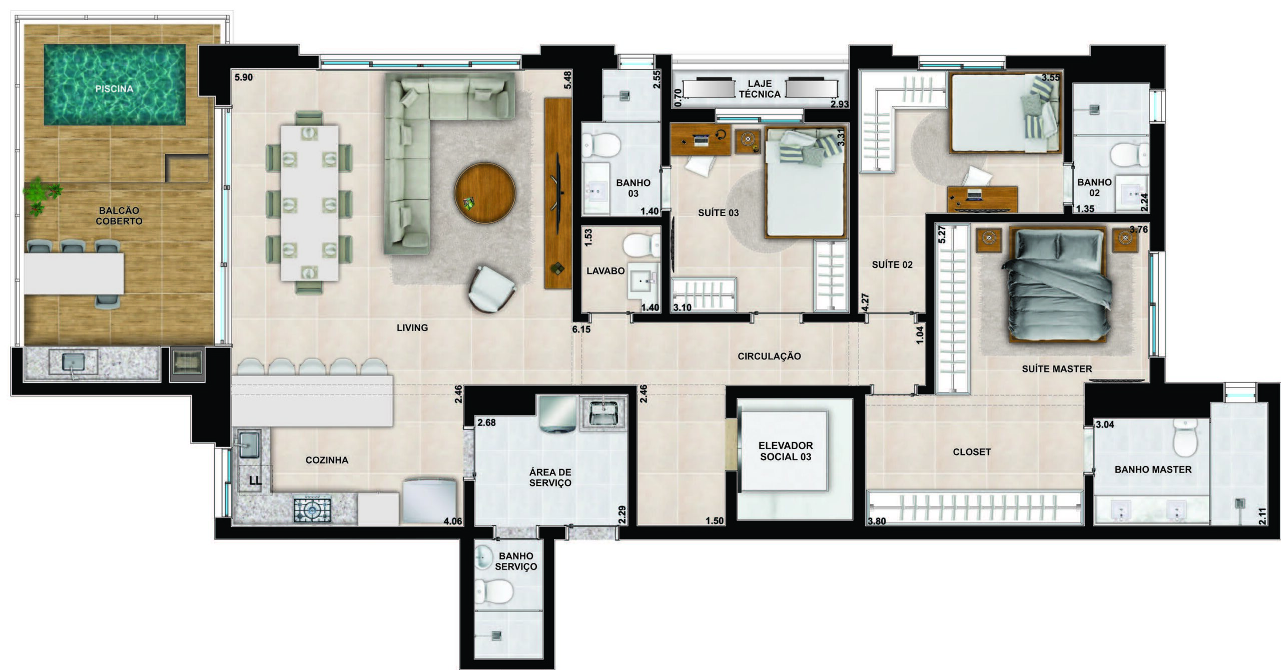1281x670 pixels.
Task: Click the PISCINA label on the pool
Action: [x=114, y=89]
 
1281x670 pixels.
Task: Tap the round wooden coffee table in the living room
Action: [x=484, y=192]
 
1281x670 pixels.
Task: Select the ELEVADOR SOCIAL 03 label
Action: [x=786, y=451]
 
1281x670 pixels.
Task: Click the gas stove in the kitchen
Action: [x=312, y=510]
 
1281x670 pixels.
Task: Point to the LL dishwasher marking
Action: [x=255, y=481]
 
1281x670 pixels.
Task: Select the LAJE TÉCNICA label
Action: [x=760, y=89]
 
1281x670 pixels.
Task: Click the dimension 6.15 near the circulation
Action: [x=581, y=329]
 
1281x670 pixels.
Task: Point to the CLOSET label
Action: [x=972, y=452]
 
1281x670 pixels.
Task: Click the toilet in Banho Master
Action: [x=1185, y=438]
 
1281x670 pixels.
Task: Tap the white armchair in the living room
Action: [x=491, y=289]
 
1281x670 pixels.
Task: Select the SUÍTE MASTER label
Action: [x=1057, y=369]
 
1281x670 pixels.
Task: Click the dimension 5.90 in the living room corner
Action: [x=244, y=78]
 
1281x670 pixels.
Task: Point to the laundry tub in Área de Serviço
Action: [x=603, y=413]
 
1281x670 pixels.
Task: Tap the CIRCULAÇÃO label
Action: [x=769, y=356]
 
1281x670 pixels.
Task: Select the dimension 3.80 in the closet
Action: [x=877, y=521]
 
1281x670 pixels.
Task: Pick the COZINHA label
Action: [x=327, y=460]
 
